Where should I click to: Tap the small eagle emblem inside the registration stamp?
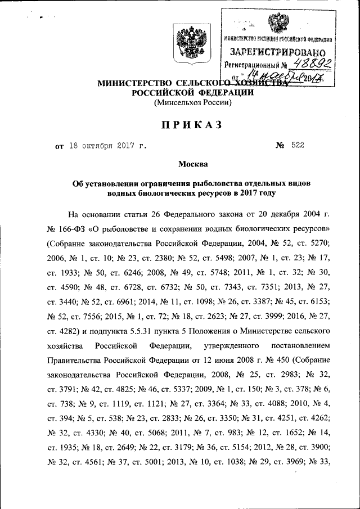277,23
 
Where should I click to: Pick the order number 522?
298,146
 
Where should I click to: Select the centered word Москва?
193,164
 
